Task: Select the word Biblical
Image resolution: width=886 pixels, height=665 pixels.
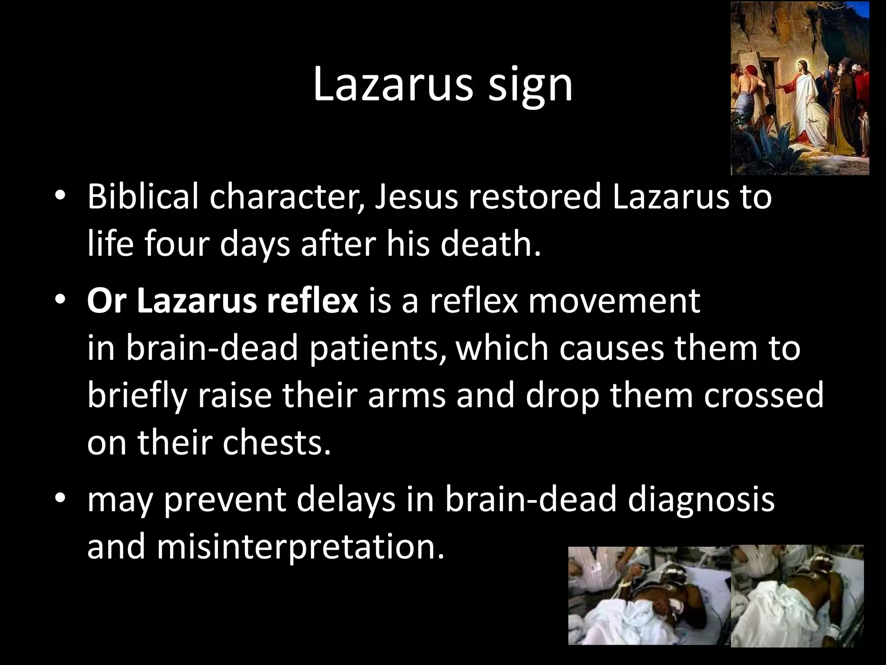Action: (143, 197)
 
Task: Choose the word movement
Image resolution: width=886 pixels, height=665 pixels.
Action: (614, 301)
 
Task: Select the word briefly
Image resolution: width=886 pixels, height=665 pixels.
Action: (138, 396)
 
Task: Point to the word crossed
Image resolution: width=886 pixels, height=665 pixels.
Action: (764, 396)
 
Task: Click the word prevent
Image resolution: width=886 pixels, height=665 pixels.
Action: (225, 500)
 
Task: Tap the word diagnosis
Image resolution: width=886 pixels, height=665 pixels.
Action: (701, 500)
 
